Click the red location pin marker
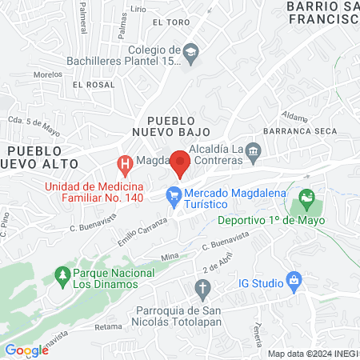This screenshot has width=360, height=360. pos(181,163)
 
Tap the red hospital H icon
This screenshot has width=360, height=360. pos(125,166)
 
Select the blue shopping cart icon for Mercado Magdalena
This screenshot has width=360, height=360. pos(173,194)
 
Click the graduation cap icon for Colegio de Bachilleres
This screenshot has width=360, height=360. pos(190,53)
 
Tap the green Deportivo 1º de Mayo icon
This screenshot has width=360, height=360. pos(306,196)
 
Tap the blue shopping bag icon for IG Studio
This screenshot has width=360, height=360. pos(294,281)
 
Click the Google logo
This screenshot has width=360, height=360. pos(26,350)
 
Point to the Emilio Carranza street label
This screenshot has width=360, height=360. pos(144,230)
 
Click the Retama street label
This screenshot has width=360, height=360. pos(108,326)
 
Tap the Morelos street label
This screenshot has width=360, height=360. pos(48,74)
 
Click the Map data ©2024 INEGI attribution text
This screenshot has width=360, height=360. pos(312,354)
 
